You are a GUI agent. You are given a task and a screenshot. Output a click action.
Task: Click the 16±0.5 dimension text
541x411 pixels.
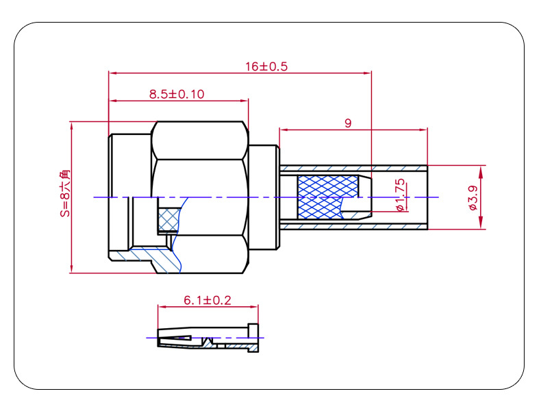266,66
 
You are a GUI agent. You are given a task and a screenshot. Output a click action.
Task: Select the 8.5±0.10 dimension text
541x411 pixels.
177,94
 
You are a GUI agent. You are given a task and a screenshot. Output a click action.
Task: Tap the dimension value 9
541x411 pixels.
348,123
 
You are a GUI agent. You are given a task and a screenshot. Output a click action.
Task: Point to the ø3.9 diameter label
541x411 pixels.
473,197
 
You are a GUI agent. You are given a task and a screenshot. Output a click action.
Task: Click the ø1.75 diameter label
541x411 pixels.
400,195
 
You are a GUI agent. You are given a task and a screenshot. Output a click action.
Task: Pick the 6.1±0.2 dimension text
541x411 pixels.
207,300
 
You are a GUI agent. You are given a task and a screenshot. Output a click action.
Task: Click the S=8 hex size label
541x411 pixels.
65,193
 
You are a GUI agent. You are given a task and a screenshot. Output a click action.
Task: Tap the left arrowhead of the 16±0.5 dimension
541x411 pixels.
112,73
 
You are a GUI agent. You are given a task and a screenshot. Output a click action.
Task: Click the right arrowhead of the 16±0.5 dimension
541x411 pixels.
368,73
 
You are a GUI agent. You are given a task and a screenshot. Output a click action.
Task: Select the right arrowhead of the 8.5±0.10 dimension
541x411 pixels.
244,101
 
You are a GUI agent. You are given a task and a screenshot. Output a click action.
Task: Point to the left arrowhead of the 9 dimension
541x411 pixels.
284,129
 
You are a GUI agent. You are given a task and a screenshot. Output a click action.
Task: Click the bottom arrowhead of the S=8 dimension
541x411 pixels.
72,269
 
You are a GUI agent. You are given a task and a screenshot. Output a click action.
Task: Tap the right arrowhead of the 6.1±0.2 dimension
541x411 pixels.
254,306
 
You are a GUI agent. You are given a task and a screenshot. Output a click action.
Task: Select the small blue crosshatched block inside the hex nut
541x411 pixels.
169,219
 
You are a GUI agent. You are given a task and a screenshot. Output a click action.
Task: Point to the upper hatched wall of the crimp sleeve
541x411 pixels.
353,169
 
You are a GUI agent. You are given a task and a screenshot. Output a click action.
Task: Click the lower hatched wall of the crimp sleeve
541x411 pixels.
353,226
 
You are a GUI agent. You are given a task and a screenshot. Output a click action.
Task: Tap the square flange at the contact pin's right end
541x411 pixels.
253,338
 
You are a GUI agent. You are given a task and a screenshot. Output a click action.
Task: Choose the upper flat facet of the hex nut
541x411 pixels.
200,140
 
